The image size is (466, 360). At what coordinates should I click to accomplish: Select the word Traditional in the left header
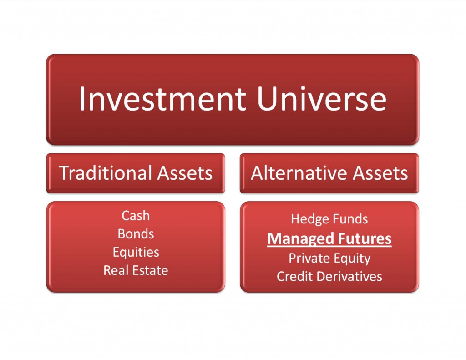(105, 173)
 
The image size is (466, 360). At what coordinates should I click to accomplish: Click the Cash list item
(136, 215)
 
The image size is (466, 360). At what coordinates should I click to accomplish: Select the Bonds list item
(136, 234)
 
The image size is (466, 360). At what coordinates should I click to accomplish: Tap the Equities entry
(136, 252)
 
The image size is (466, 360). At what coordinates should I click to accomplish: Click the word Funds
(349, 219)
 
